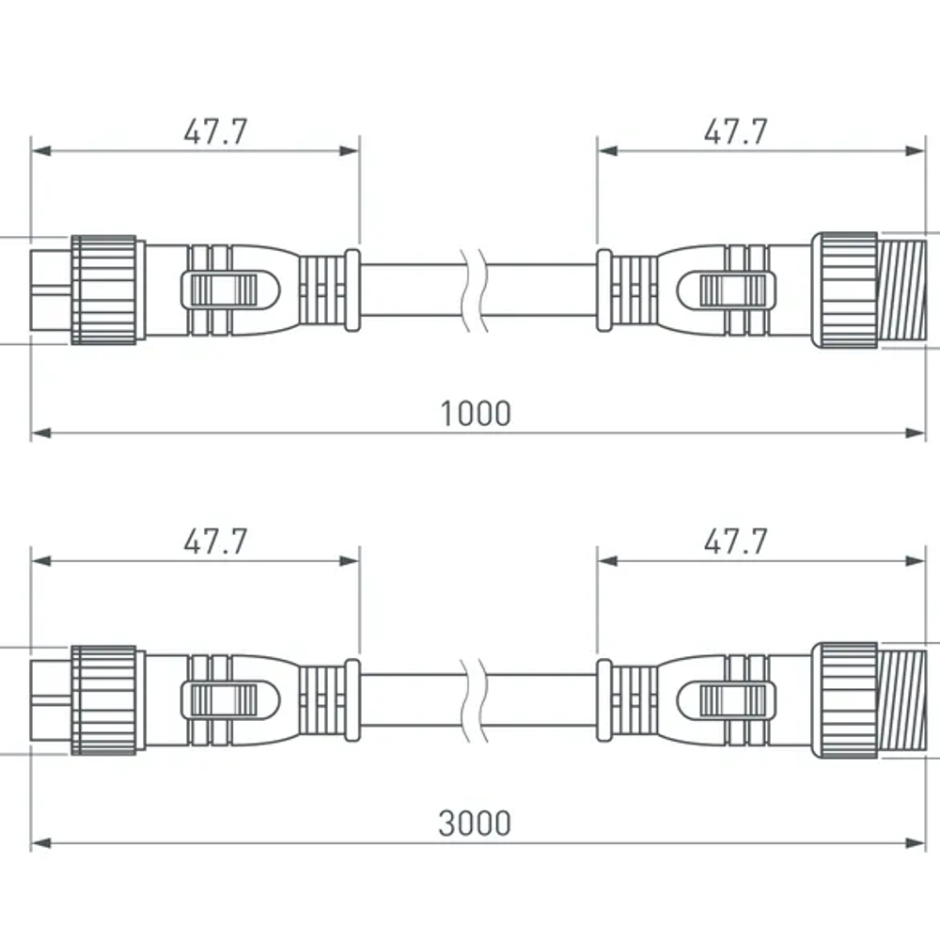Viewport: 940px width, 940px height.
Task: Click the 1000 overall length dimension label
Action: [x=477, y=413]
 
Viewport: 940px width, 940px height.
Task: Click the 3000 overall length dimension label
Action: [x=475, y=822]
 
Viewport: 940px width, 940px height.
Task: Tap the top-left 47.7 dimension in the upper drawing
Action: [x=215, y=132]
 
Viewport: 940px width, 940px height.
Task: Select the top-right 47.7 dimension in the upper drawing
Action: [x=735, y=132]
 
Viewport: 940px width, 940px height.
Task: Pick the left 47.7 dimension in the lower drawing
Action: [x=215, y=541]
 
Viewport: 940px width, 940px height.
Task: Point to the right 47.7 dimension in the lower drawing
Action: [x=735, y=541]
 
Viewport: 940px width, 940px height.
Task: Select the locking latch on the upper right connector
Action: [x=733, y=290]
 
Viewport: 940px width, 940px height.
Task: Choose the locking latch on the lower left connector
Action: [x=223, y=699]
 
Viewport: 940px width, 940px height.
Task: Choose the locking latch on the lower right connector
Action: [x=733, y=699]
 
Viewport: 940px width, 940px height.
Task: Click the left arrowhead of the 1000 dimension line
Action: [x=39, y=432]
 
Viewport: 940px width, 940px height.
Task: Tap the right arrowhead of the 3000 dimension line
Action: [x=916, y=842]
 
